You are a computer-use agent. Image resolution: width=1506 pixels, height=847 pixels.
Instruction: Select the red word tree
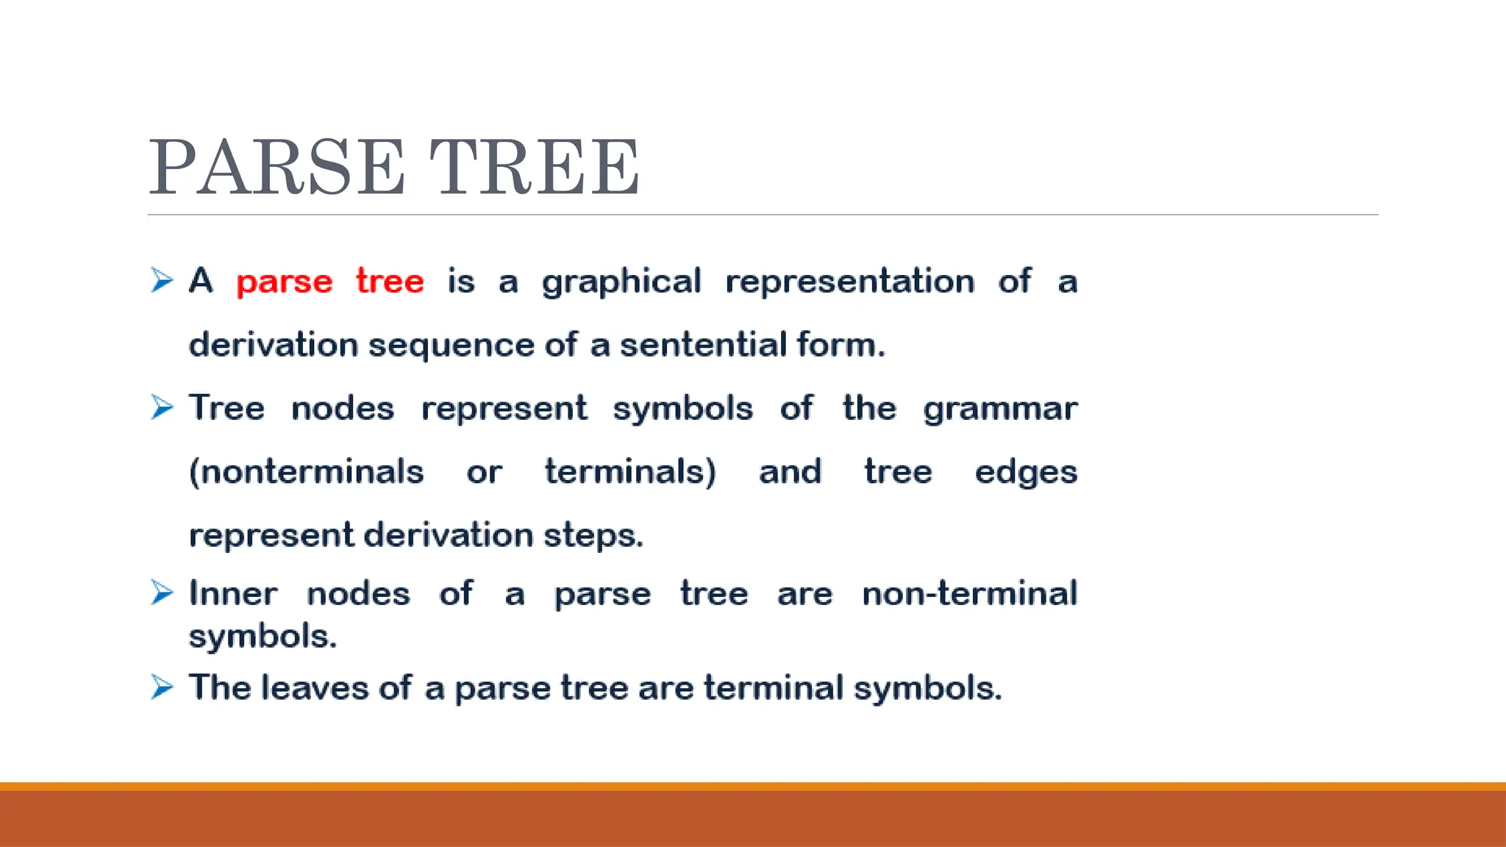(390, 281)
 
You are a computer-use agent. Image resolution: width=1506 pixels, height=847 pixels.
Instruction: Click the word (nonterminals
(306, 472)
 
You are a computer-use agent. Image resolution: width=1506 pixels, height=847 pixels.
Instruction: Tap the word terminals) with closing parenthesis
(630, 472)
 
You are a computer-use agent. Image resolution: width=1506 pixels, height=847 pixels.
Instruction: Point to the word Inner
(233, 593)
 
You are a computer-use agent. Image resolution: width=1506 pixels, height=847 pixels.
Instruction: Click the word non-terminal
(969, 593)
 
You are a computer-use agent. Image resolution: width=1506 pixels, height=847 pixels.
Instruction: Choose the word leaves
(315, 688)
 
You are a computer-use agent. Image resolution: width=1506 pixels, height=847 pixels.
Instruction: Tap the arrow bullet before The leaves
(162, 687)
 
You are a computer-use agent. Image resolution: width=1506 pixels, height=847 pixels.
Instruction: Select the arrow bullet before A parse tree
(162, 280)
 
